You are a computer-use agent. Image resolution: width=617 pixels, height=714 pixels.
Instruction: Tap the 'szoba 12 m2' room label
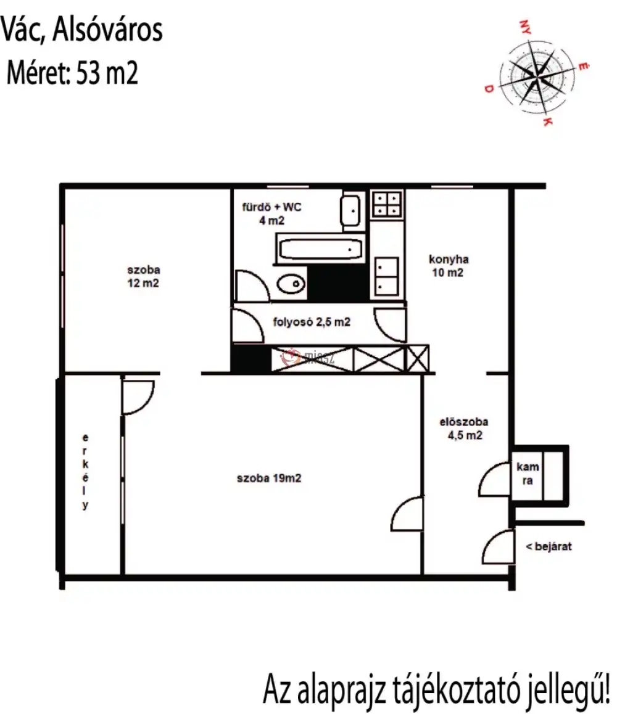[143, 276]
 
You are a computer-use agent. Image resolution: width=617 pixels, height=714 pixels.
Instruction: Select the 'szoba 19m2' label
[269, 478]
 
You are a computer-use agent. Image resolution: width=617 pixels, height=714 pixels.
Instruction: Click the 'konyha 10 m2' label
[449, 266]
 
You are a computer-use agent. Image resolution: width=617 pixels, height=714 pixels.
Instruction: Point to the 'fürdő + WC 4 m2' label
[271, 213]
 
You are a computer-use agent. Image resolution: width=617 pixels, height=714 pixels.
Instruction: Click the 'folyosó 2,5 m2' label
[312, 322]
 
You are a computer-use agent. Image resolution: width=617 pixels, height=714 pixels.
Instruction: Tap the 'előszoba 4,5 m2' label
[464, 429]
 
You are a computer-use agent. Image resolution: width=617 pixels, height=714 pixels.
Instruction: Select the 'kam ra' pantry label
[528, 474]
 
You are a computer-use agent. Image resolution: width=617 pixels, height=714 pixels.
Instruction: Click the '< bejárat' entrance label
[549, 546]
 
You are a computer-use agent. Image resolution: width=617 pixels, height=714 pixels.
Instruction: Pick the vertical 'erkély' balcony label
[85, 471]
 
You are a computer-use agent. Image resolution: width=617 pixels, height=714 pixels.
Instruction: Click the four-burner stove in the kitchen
[387, 203]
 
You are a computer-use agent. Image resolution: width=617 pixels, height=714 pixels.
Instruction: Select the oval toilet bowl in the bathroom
[291, 285]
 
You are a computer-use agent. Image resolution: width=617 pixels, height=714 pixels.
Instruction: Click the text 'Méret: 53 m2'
[72, 72]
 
